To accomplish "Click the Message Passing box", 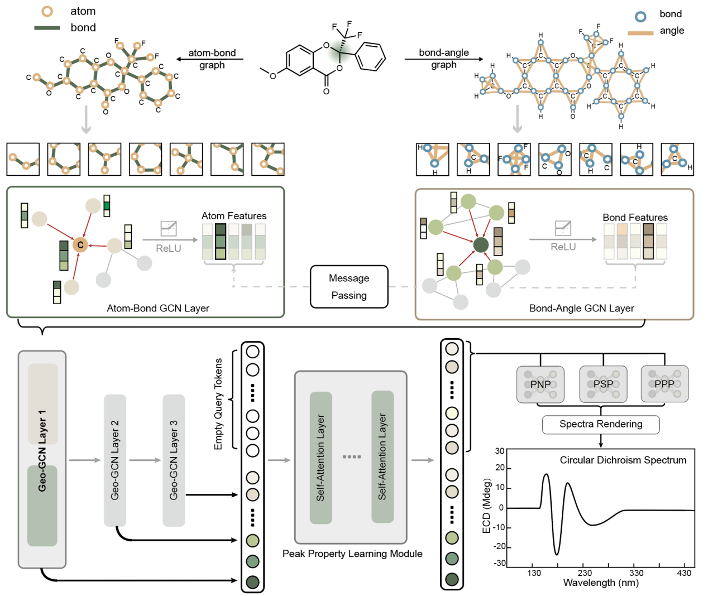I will tap(349, 287).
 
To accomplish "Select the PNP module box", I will tap(540, 384).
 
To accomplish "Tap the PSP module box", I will tap(603, 384).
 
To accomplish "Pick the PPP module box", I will tap(664, 384).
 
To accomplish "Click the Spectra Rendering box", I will tap(601, 424).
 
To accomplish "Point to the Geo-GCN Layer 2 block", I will tap(115, 460).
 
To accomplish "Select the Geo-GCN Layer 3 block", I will tap(174, 460).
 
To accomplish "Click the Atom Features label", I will tap(234, 216).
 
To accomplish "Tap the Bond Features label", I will tap(635, 218).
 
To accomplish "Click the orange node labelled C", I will tap(80, 244).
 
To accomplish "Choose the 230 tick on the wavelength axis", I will tap(585, 573).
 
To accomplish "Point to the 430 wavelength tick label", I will tap(684, 573).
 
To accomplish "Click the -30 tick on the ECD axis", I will tap(499, 563).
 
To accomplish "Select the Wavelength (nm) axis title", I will tap(601, 583).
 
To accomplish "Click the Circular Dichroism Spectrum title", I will tap(623, 460).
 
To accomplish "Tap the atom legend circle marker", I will tap(47, 11).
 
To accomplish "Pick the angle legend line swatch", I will tap(640, 33).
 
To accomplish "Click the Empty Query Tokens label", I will tap(218, 404).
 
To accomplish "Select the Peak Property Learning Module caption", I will tap(352, 554).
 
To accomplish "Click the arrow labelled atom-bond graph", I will tap(209, 59).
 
